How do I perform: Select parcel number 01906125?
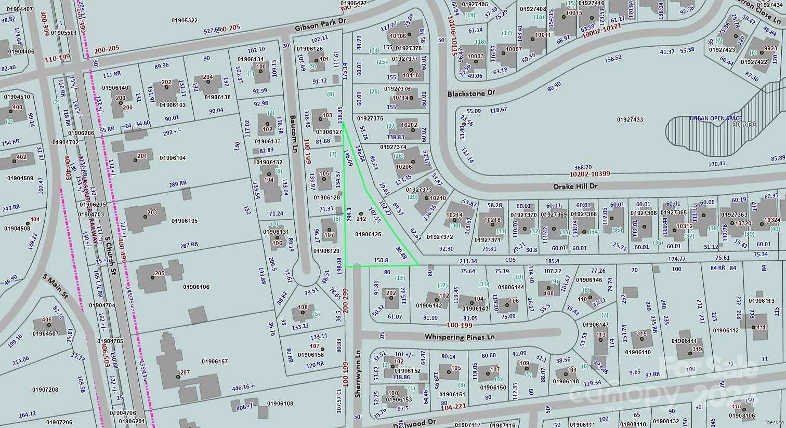[x=368, y=235]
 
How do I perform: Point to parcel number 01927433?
[x=630, y=120]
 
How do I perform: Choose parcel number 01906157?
[x=214, y=361]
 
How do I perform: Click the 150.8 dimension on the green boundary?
[x=381, y=260]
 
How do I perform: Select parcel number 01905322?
[x=185, y=20]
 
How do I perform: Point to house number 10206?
[x=403, y=167]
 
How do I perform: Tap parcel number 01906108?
[x=280, y=404]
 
